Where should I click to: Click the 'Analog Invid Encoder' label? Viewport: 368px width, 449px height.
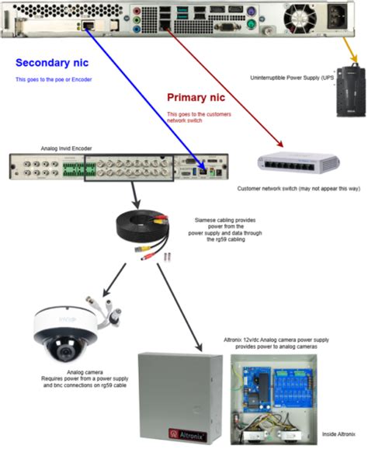click(x=67, y=147)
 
